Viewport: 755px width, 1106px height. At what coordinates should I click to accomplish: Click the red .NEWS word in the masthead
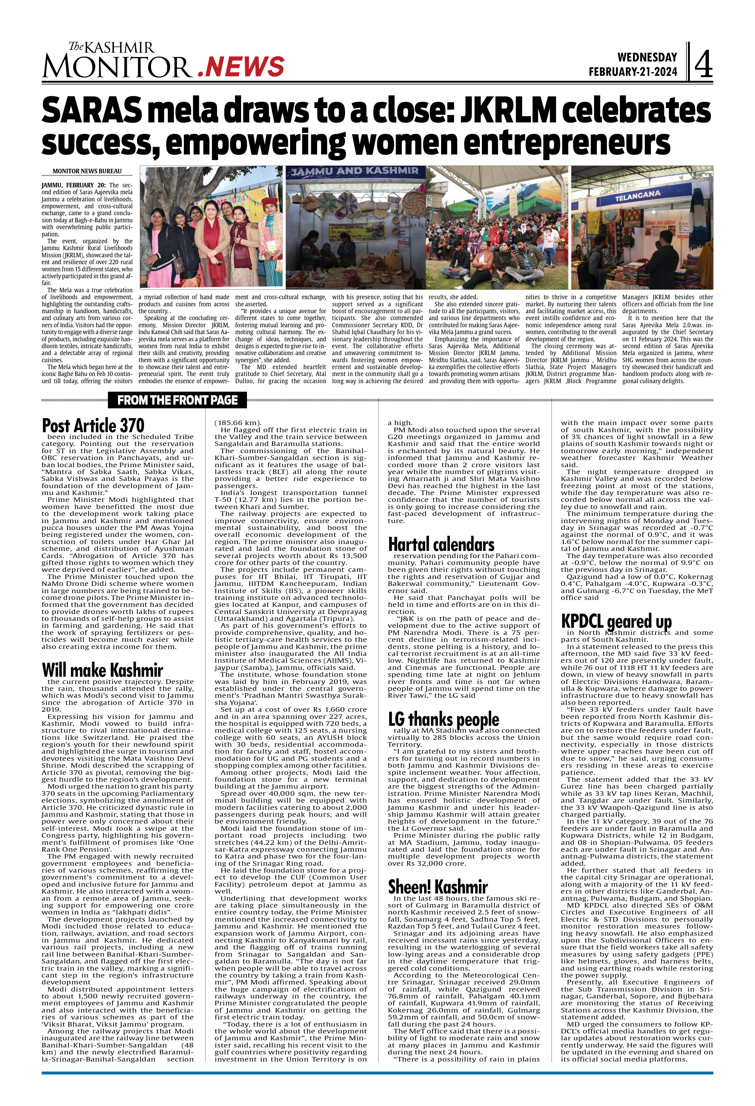pyautogui.click(x=241, y=66)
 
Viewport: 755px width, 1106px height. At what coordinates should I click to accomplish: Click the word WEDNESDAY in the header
pyautogui.click(x=647, y=57)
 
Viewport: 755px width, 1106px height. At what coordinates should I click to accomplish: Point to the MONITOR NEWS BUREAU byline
pyautogui.click(x=87, y=171)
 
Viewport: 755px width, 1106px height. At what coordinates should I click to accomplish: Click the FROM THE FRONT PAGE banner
pyautogui.click(x=177, y=400)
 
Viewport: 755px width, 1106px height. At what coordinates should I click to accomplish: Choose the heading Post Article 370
pyautogui.click(x=93, y=425)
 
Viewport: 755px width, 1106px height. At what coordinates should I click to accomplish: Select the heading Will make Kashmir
pyautogui.click(x=102, y=670)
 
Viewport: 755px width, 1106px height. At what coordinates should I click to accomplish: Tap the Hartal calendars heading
pyautogui.click(x=441, y=545)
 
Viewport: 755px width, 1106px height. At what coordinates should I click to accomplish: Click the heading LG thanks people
pyautogui.click(x=443, y=719)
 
